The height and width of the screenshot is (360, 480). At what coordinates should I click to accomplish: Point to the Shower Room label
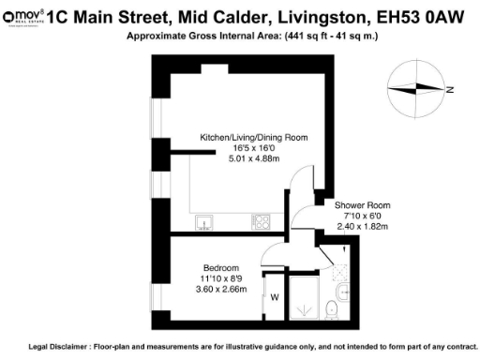[x=362, y=204]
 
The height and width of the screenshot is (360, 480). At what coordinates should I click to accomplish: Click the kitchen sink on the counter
[x=204, y=222]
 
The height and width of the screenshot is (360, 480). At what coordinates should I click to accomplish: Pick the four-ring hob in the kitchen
[x=262, y=222]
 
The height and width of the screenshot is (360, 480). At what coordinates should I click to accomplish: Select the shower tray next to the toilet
[x=303, y=297]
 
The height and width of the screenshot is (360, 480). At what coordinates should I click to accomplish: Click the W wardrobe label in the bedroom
[x=275, y=299]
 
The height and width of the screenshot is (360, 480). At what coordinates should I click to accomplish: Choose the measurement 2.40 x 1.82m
[x=362, y=226]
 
